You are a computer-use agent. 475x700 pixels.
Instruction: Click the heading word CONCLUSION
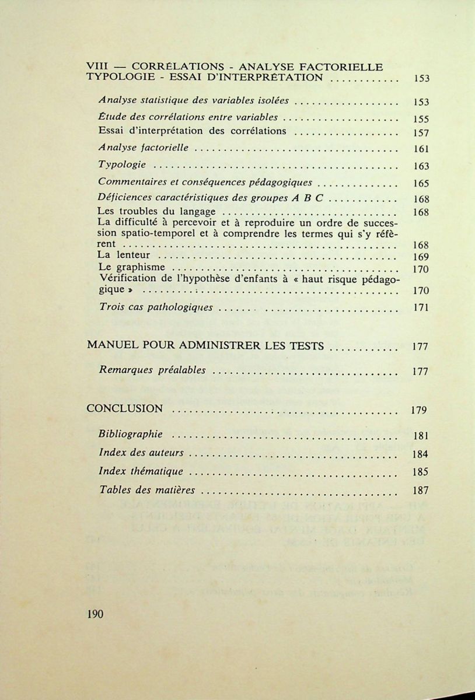124,409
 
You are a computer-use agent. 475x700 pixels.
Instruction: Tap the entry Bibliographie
131,434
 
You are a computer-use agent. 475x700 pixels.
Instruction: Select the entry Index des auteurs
141,453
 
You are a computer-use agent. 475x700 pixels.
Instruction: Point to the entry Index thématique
141,471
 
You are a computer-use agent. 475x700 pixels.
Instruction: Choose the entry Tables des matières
147,490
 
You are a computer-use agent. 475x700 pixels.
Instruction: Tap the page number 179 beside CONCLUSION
419,410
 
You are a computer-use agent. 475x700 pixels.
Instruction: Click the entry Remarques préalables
152,370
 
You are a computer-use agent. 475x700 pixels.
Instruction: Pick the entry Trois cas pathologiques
156,307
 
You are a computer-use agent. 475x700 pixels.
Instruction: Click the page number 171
420,307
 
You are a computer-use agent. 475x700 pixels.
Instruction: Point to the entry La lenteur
124,256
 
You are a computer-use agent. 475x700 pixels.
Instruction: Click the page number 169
420,257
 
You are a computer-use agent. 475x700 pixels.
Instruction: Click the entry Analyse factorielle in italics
144,148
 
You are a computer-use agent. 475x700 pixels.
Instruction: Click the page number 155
420,119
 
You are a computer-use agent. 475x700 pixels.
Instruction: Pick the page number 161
420,149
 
